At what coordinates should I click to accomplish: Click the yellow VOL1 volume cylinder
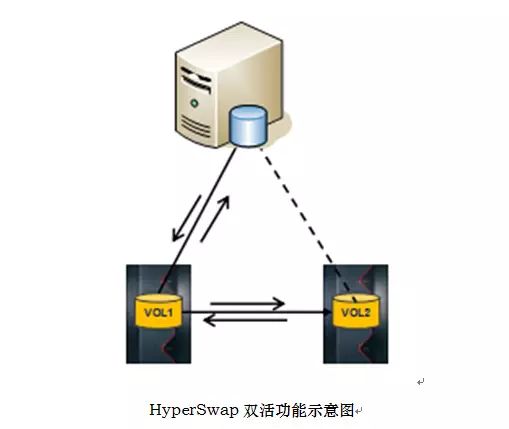click(159, 311)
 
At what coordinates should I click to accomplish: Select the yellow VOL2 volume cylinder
click(356, 311)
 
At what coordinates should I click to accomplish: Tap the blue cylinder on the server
click(249, 126)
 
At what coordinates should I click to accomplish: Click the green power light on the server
click(194, 103)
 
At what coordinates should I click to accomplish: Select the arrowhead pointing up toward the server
click(225, 202)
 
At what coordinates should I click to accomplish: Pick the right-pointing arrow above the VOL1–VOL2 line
click(247, 303)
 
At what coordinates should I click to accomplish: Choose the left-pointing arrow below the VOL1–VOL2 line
click(245, 320)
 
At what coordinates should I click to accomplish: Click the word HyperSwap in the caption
click(194, 410)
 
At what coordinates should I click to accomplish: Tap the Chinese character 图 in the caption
click(347, 410)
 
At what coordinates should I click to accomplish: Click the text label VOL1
click(159, 313)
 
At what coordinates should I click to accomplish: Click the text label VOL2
click(356, 313)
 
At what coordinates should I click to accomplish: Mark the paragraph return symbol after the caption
click(359, 412)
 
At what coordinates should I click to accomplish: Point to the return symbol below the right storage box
click(421, 382)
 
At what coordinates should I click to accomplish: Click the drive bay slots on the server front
click(195, 79)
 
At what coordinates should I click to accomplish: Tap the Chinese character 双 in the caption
click(251, 410)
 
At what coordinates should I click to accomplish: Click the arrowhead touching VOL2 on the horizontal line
click(328, 312)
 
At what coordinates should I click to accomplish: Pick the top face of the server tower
click(229, 43)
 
